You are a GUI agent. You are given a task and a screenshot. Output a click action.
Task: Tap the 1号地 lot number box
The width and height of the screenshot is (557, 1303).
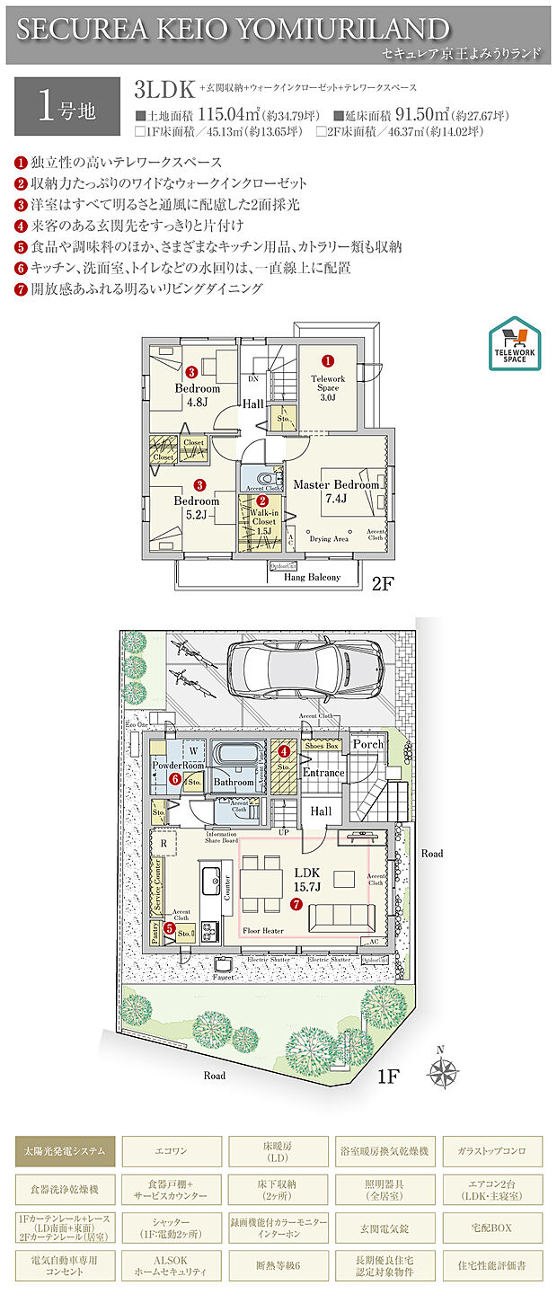pyautogui.click(x=67, y=106)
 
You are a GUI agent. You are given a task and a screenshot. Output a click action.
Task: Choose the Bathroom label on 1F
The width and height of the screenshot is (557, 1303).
pyautogui.click(x=234, y=782)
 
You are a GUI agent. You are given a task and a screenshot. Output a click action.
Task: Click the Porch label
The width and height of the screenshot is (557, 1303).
pyautogui.click(x=367, y=744)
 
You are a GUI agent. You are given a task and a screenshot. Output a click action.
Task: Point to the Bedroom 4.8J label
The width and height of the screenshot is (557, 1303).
pyautogui.click(x=197, y=395)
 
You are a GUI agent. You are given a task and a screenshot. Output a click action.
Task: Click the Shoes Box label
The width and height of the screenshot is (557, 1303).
pyautogui.click(x=321, y=745)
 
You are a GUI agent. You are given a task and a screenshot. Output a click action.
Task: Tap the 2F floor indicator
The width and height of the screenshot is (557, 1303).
pyautogui.click(x=384, y=582)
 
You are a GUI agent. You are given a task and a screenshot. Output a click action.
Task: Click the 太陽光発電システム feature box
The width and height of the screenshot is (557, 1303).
pyautogui.click(x=65, y=1150)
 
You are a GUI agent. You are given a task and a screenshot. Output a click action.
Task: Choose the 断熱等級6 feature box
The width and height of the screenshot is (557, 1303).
pyautogui.click(x=278, y=1265)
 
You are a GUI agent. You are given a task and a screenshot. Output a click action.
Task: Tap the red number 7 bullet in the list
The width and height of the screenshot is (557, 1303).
pyautogui.click(x=21, y=289)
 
